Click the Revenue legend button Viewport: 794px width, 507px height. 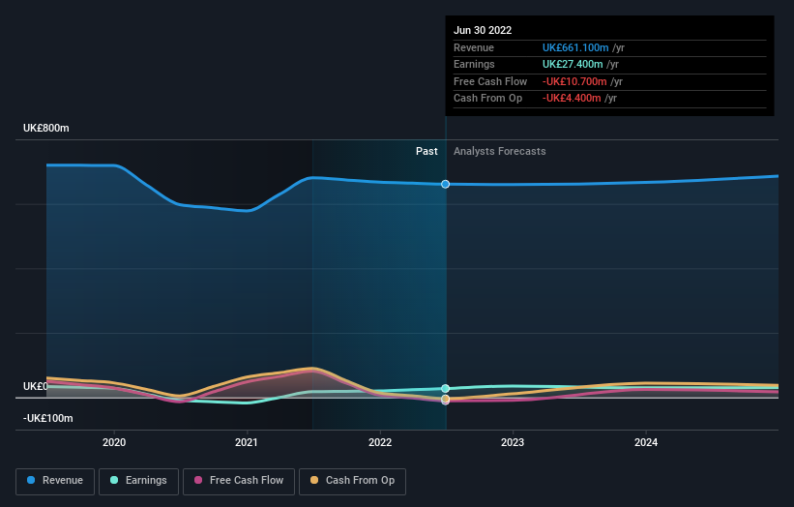[55, 481]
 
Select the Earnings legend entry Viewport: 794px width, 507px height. [137, 481]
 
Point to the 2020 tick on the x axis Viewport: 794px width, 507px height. [114, 442]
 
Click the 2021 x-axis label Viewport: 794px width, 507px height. [247, 442]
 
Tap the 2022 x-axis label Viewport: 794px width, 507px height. [380, 442]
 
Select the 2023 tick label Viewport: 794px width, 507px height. [513, 442]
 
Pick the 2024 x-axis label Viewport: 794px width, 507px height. [646, 442]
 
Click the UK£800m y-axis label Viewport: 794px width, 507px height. [46, 128]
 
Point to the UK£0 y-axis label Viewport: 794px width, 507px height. [35, 386]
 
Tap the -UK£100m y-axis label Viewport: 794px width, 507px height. [48, 418]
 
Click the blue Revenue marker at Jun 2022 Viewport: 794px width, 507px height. [445, 184]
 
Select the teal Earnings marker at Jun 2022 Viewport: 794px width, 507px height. [445, 389]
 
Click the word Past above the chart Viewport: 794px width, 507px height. [426, 152]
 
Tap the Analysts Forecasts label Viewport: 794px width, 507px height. [499, 152]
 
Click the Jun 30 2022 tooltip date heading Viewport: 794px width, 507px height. [483, 30]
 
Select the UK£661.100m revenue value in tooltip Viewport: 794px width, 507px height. [575, 48]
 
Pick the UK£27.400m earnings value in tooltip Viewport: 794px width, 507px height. [573, 65]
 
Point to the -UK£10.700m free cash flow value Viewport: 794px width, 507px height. [574, 81]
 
